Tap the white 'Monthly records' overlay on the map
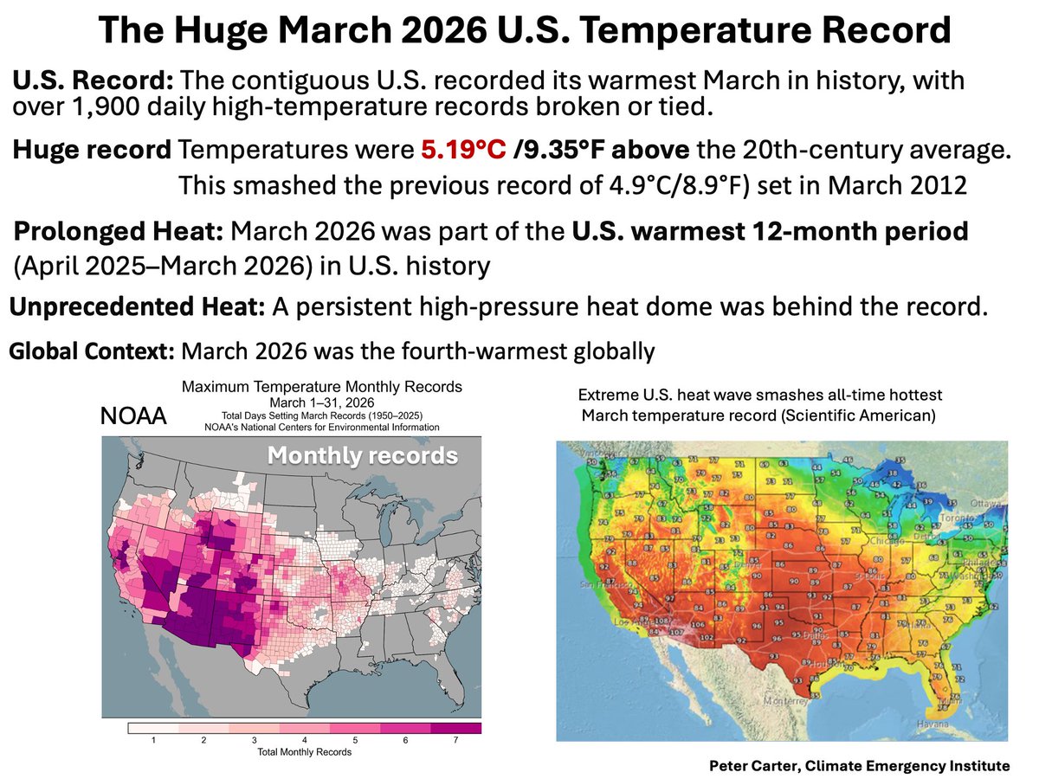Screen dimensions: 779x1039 [361, 455]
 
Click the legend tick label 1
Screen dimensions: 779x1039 [152, 741]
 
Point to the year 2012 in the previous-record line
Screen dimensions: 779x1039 [933, 187]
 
